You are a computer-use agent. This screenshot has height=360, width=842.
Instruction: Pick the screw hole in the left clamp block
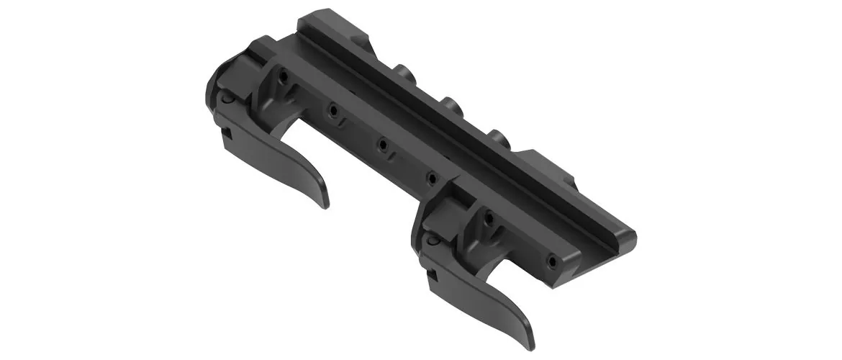(x=286, y=76)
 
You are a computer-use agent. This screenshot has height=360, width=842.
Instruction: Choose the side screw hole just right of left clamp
(x=333, y=110)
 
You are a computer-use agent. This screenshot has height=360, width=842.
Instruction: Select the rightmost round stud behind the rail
(x=497, y=137)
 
